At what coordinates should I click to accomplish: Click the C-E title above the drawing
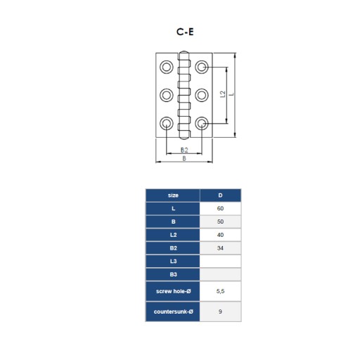(x=185, y=32)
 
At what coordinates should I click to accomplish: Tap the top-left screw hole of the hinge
(x=167, y=67)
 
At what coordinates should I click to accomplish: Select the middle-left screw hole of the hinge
(x=167, y=95)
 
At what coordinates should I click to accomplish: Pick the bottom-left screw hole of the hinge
(x=167, y=123)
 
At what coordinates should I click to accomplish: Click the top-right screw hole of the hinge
(x=202, y=67)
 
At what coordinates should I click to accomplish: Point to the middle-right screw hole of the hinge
(x=202, y=95)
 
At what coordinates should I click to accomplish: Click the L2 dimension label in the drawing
(x=223, y=94)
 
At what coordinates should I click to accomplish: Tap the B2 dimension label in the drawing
(x=184, y=150)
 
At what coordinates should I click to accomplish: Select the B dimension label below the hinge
(x=184, y=158)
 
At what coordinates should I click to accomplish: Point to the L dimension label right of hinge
(x=231, y=94)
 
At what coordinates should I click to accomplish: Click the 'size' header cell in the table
(x=173, y=195)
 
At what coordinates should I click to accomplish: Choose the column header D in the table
(x=220, y=195)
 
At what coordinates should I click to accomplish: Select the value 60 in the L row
(x=220, y=208)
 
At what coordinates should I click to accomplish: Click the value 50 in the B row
(x=220, y=221)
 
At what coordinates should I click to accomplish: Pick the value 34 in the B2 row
(x=220, y=248)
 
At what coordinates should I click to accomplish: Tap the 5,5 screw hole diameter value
(x=220, y=291)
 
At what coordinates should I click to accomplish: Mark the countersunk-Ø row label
(x=173, y=311)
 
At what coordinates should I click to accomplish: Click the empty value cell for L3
(x=220, y=261)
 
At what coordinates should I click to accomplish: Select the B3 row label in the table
(x=173, y=274)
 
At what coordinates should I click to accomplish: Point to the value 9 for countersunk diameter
(x=220, y=311)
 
